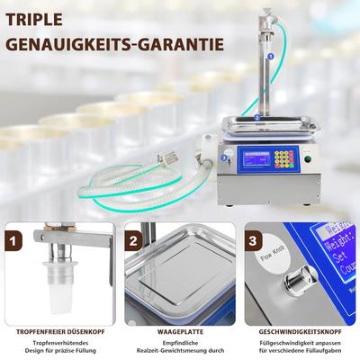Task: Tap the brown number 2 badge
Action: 133,241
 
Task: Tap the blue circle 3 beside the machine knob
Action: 223,157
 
